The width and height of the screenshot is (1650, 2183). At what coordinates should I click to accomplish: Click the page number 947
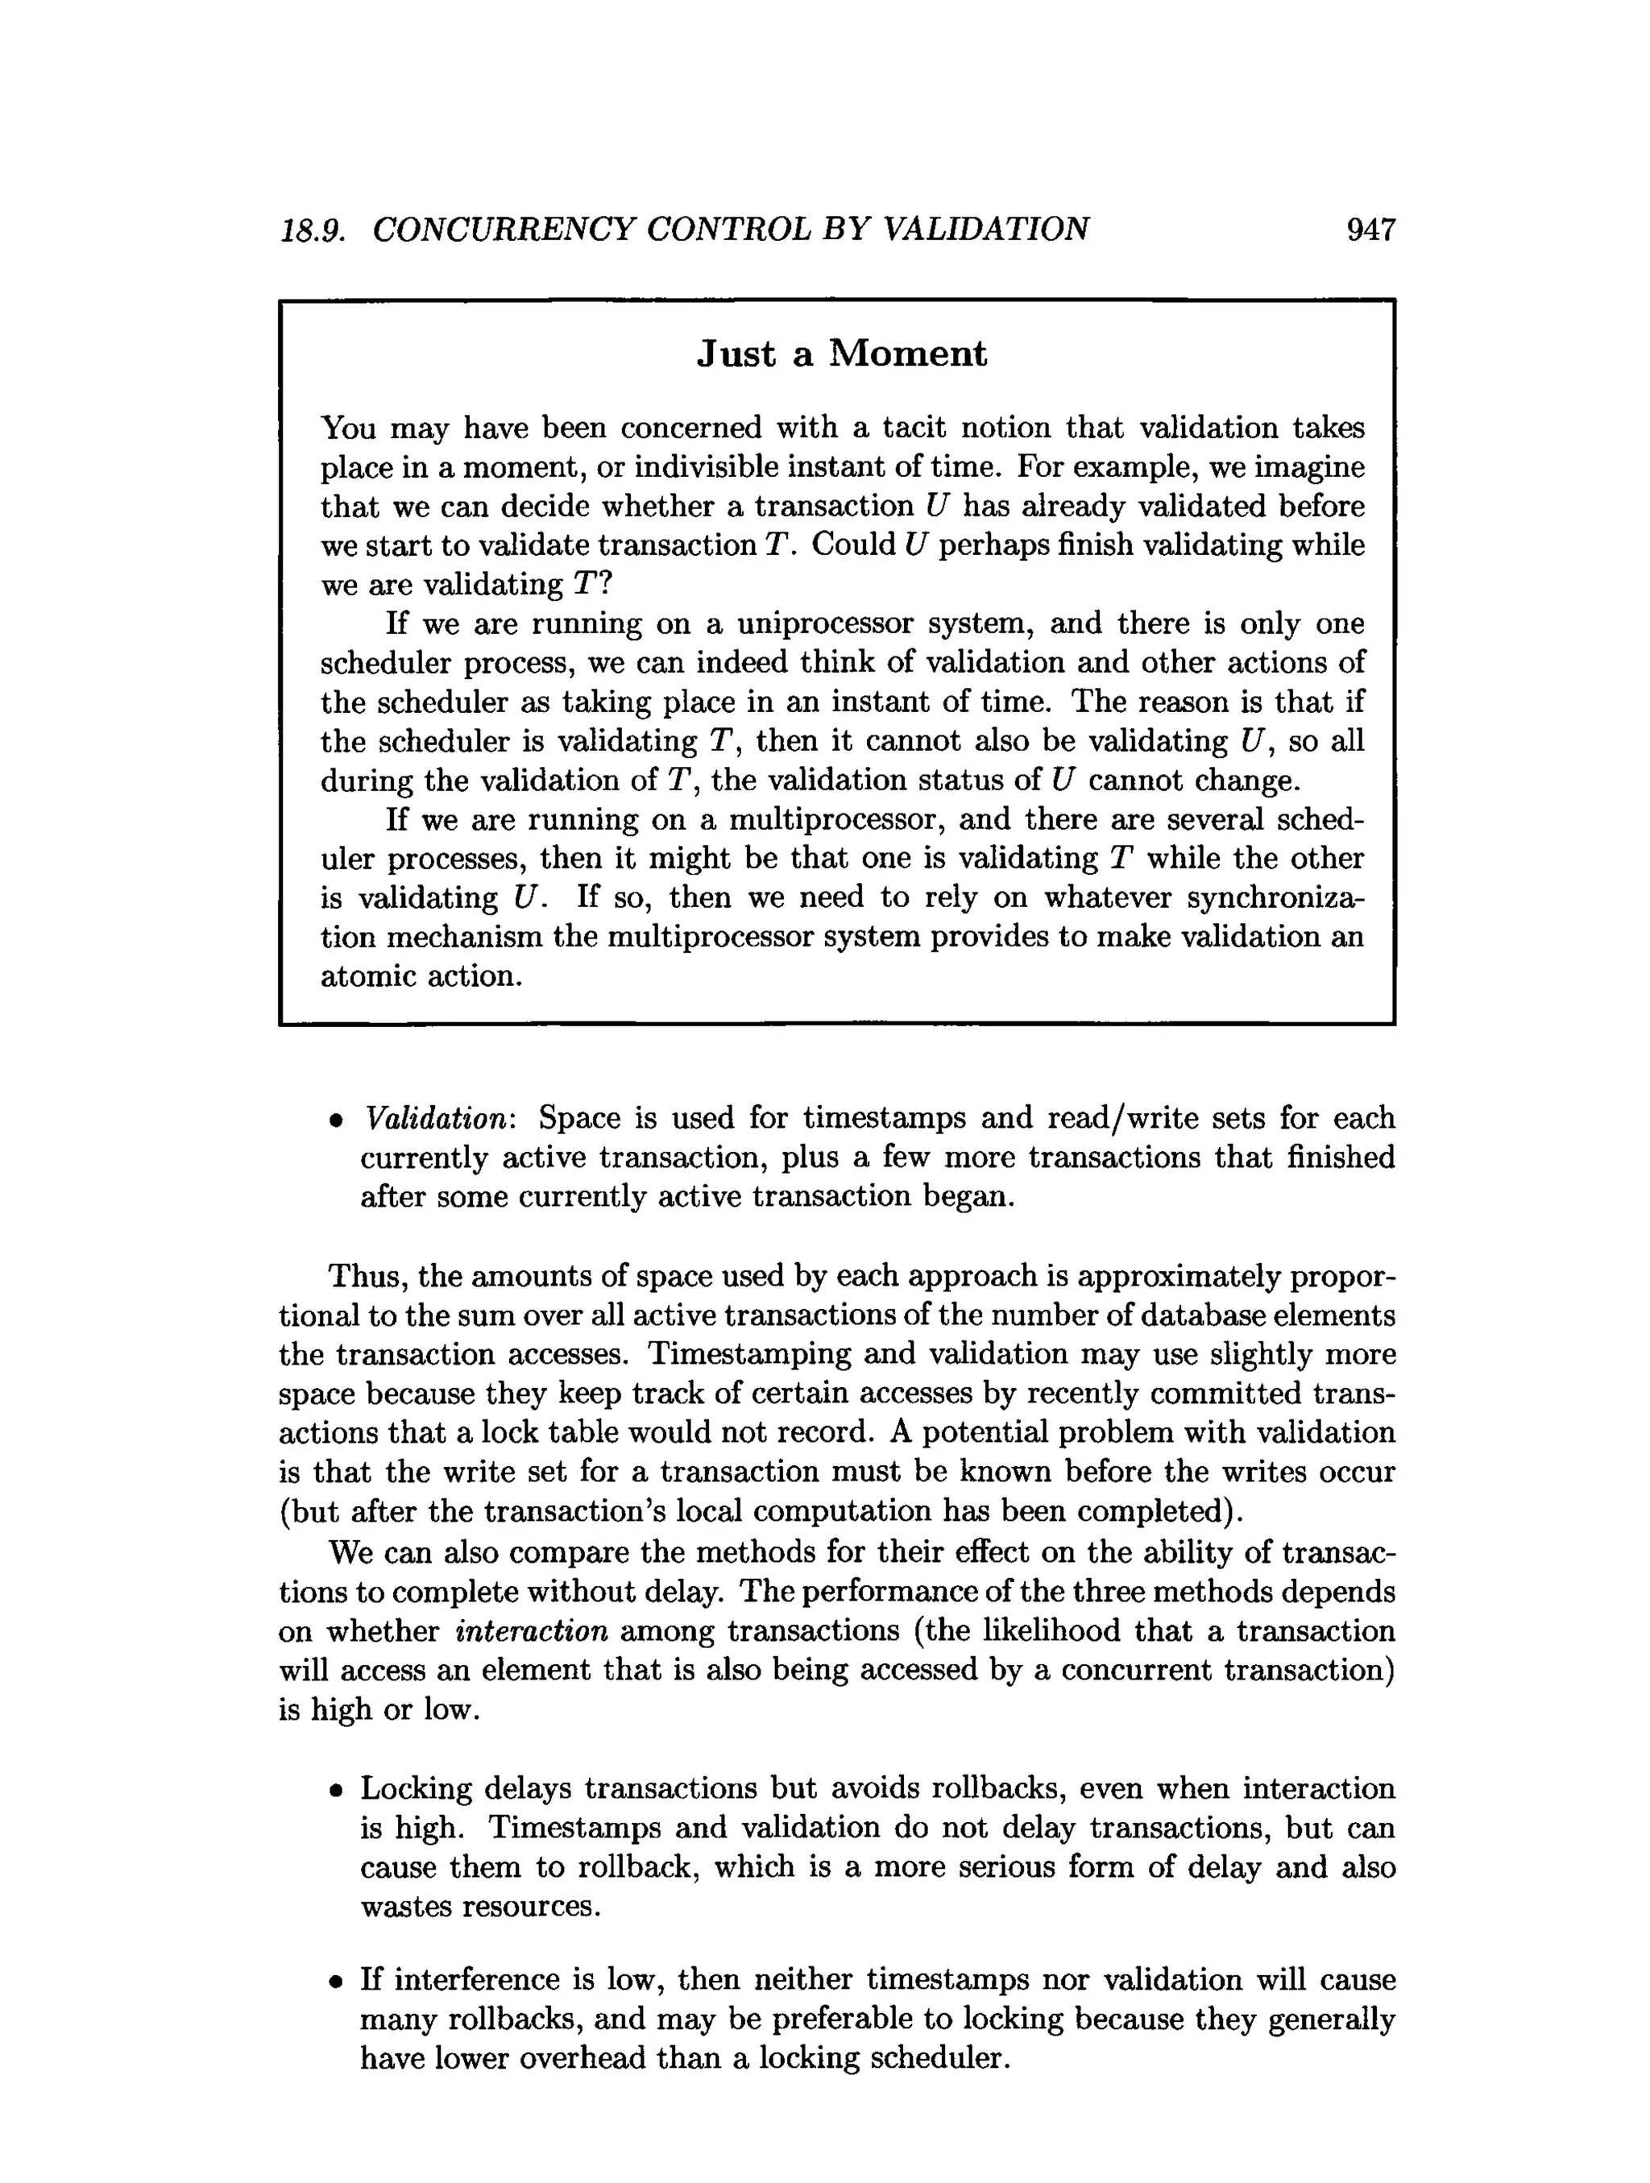1370,230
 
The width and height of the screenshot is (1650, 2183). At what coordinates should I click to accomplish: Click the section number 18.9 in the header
312,230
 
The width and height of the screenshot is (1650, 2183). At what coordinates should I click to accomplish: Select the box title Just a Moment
841,354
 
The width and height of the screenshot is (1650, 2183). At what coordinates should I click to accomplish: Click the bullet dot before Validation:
337,1121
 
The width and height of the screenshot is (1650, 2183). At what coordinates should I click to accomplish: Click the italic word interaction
531,1630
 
